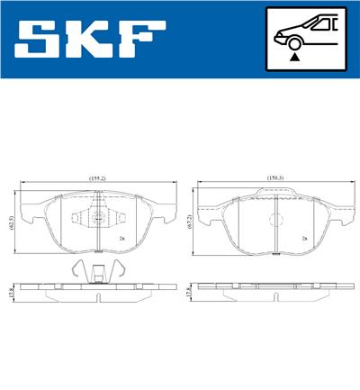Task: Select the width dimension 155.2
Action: (x=97, y=178)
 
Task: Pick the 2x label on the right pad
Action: (x=305, y=240)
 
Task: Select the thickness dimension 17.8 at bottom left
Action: (x=12, y=291)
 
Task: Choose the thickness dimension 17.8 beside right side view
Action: (x=189, y=293)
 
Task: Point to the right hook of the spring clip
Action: (x=116, y=268)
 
